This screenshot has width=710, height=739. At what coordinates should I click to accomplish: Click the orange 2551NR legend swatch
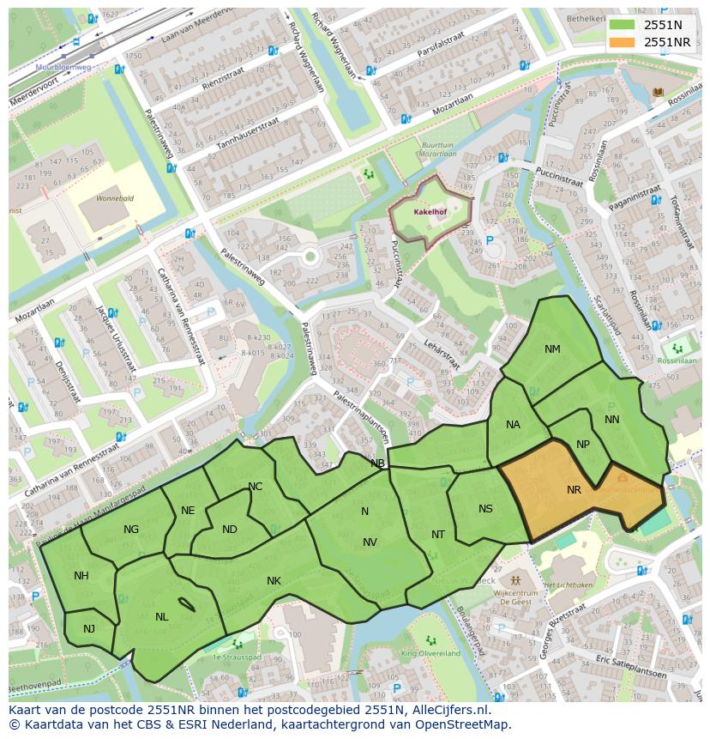click(623, 41)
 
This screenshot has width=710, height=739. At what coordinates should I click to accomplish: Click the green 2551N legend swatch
click(623, 25)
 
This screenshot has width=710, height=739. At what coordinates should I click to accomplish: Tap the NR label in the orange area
click(575, 490)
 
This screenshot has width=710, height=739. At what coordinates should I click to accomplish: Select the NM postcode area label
click(552, 348)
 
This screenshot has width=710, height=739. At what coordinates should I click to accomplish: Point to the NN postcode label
click(611, 420)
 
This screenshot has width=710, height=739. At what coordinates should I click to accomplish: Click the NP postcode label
click(583, 445)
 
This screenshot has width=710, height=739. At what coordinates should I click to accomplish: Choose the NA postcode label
click(513, 425)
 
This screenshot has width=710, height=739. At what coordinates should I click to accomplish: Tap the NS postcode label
click(485, 509)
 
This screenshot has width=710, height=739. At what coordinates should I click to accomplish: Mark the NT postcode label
click(438, 535)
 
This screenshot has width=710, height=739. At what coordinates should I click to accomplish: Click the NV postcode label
click(370, 542)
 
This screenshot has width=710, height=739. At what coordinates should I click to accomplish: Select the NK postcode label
click(274, 581)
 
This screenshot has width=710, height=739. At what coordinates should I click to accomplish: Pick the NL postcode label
click(161, 616)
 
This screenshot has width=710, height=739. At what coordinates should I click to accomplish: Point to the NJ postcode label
click(89, 629)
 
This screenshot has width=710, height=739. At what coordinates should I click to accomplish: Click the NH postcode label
click(81, 576)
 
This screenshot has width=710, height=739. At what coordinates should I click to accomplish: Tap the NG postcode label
click(130, 530)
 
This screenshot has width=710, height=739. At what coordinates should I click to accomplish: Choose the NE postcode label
click(188, 511)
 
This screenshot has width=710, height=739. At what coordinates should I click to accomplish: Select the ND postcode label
click(229, 530)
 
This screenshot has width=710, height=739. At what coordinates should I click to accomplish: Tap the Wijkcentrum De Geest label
click(516, 597)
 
